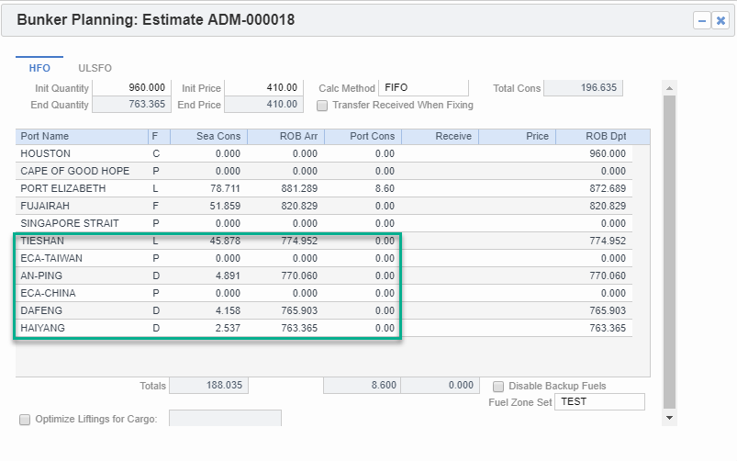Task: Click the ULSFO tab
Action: [x=95, y=68]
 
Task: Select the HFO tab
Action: [x=39, y=68]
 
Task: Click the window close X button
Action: [x=720, y=20]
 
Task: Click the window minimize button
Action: [x=701, y=20]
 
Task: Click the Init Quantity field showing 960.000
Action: [x=130, y=88]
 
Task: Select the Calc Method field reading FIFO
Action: [x=423, y=88]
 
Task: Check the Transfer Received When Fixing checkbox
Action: [x=323, y=106]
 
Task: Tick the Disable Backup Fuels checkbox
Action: [x=500, y=387]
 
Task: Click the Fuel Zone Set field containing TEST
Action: [x=599, y=402]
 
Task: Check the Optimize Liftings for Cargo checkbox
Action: [x=25, y=420]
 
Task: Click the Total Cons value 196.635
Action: [x=583, y=88]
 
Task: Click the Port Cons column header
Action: [x=364, y=136]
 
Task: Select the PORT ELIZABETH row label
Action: [x=63, y=188]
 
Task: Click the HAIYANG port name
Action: [x=43, y=328]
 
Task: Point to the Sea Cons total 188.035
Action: [x=208, y=386]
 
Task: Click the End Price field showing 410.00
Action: [x=263, y=105]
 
